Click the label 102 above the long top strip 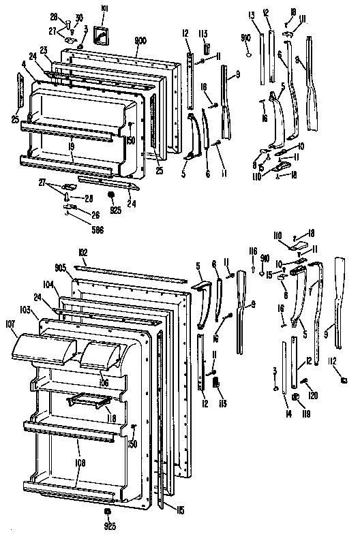pyautogui.click(x=83, y=253)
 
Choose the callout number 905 pyautogui.click(x=61, y=268)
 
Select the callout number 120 pyautogui.click(x=314, y=394)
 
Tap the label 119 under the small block pyautogui.click(x=298, y=412)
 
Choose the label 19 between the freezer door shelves pyautogui.click(x=72, y=145)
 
